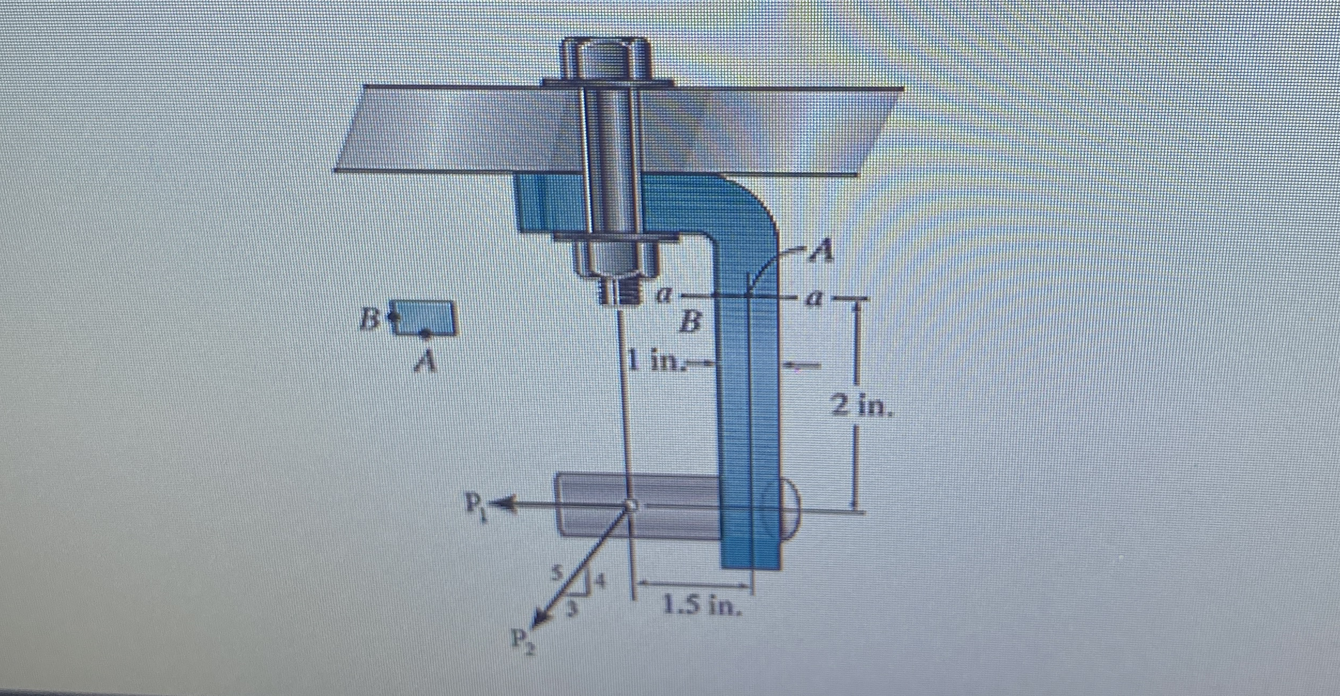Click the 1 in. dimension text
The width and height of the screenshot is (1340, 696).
tap(656, 362)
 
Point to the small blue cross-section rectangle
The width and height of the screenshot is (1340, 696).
tap(424, 317)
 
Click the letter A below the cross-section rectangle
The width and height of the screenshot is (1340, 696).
tap(425, 362)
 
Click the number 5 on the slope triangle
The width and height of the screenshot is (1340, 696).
tap(557, 574)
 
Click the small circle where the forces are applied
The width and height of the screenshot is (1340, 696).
tap(631, 505)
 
